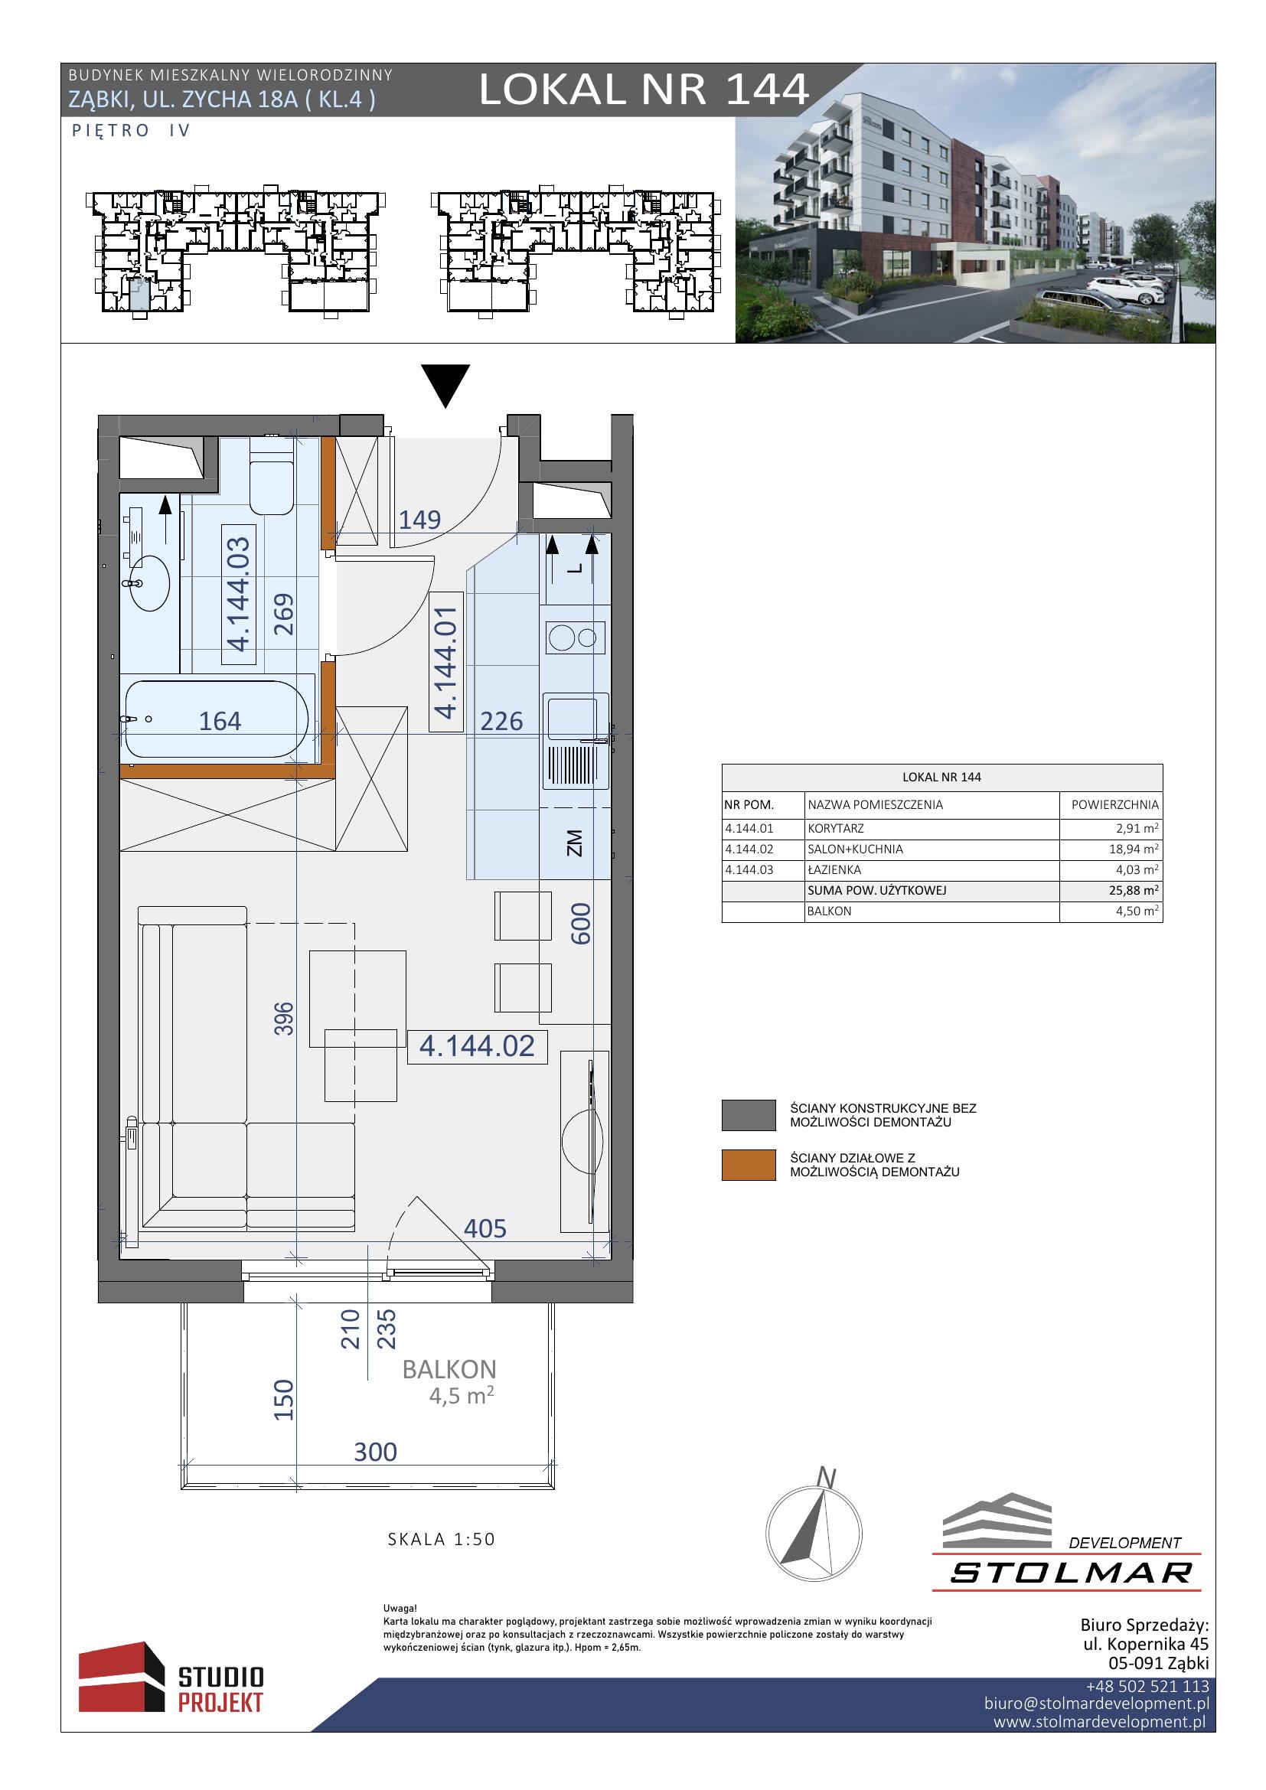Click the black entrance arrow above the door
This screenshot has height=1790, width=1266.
point(445,385)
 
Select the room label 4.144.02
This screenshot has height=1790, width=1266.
point(477,1046)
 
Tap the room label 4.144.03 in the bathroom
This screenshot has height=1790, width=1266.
point(239,594)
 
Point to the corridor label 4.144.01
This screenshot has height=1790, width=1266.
point(446,662)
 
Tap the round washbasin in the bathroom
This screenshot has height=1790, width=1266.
point(149,582)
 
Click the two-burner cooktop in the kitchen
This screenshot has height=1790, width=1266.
point(576,637)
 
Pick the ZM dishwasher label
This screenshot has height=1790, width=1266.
point(576,843)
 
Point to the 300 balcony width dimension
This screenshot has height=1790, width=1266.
point(376,1452)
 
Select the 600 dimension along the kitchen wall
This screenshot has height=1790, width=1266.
point(582,924)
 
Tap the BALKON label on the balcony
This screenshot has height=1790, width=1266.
point(449,1369)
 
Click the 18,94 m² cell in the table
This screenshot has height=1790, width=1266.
point(1134,849)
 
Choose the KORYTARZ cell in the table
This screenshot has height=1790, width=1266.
point(836,829)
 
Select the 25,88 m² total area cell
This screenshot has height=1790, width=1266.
point(1134,890)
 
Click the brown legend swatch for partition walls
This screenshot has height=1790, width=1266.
point(749,1165)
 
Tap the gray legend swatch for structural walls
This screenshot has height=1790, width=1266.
point(749,1115)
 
